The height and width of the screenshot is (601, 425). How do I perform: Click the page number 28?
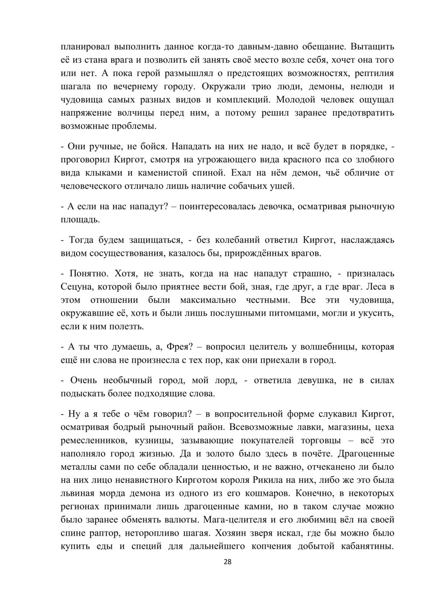227,562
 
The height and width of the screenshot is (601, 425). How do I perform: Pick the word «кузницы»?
154,440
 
